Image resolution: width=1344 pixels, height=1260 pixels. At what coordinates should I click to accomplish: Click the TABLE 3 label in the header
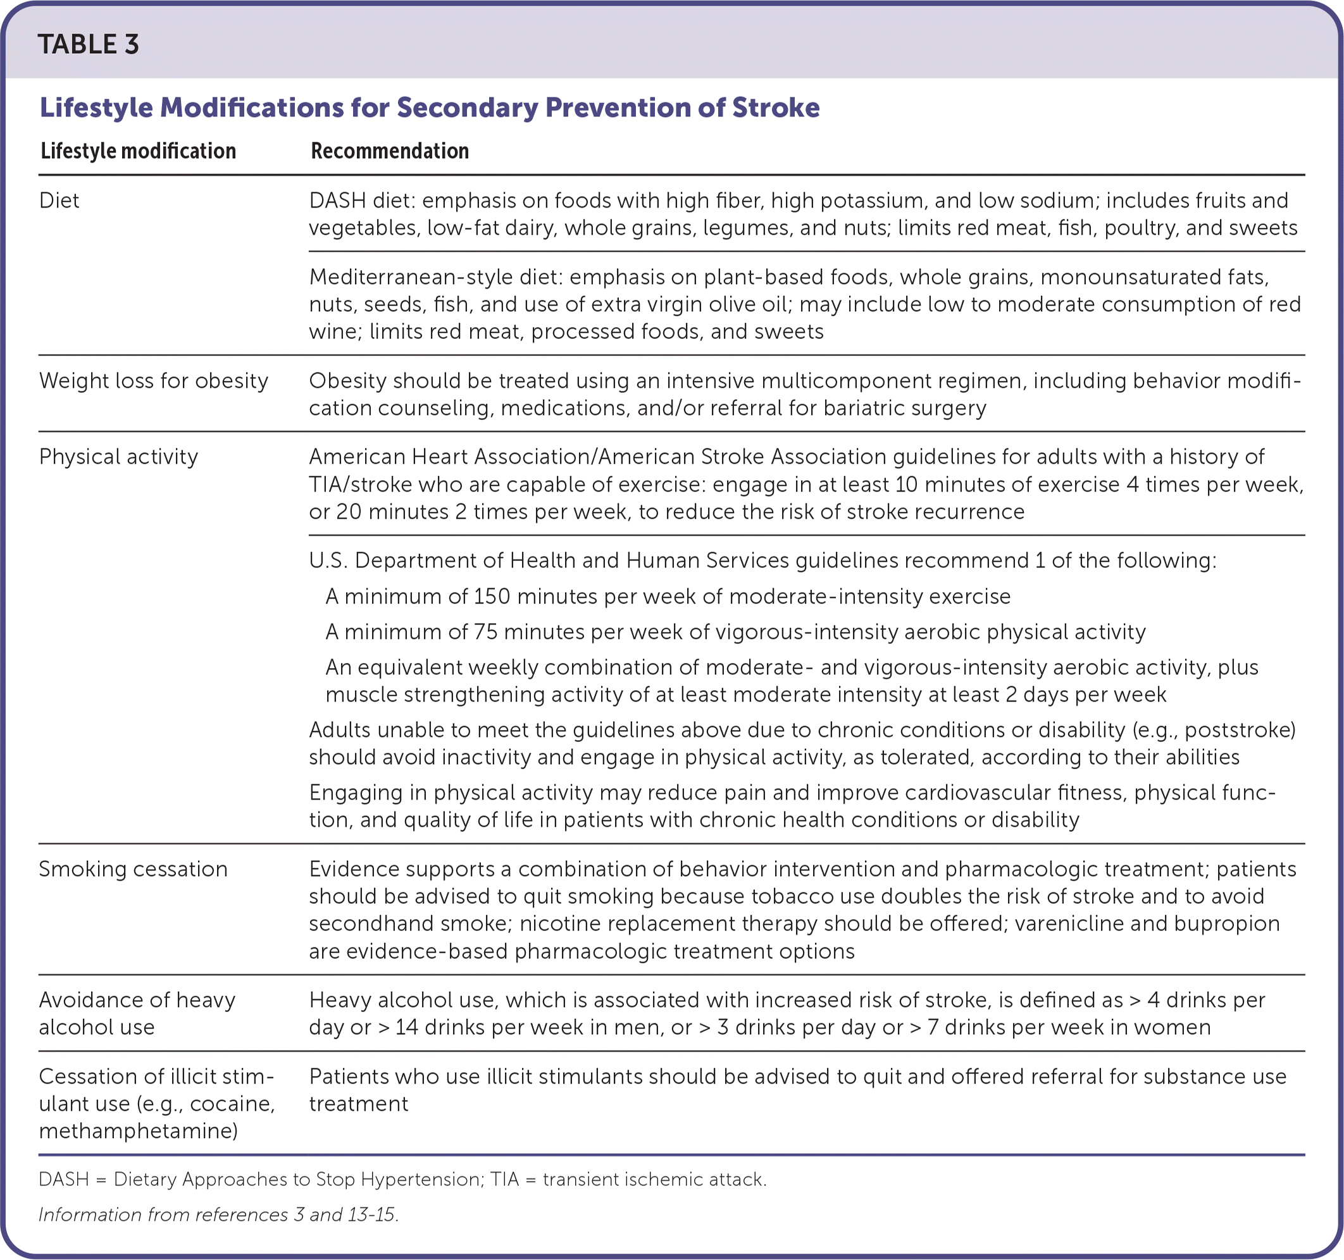click(89, 45)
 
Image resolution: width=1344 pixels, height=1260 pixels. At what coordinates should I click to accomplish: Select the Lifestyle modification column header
click(138, 151)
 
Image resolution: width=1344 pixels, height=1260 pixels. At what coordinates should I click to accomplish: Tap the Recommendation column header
click(389, 151)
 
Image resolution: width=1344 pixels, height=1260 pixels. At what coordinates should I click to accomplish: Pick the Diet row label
click(59, 201)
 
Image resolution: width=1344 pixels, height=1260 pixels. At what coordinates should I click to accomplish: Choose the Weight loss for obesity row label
click(154, 381)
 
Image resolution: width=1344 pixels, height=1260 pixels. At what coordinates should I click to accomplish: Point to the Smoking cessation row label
click(133, 869)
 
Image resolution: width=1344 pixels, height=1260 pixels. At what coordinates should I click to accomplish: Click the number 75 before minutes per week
click(484, 632)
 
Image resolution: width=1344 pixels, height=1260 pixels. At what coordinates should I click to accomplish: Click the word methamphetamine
click(138, 1131)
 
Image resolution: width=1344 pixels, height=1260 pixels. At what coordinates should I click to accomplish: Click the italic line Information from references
click(218, 1214)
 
